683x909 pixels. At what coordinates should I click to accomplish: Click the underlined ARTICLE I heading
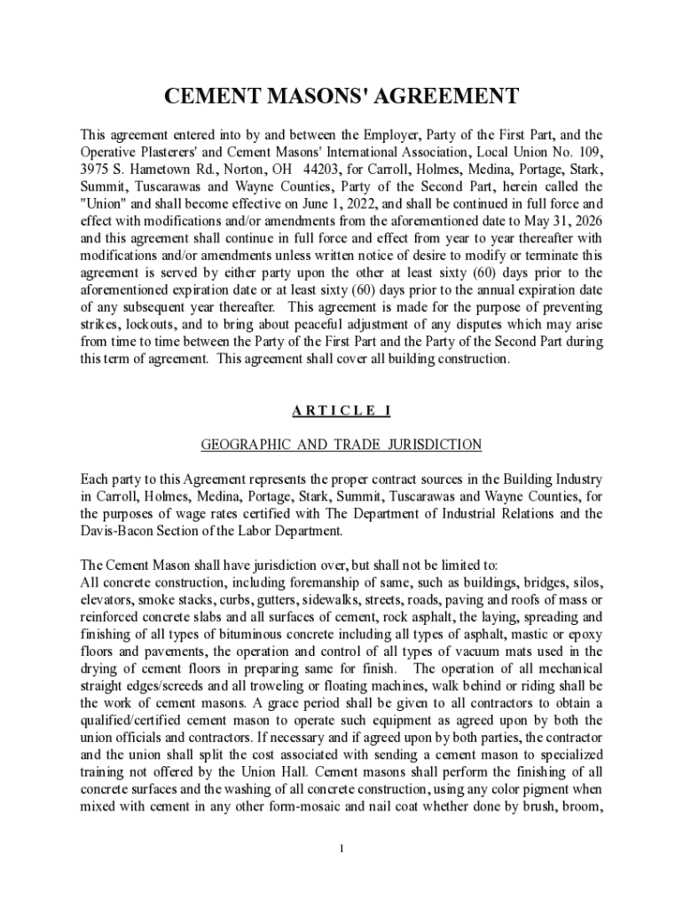click(341, 411)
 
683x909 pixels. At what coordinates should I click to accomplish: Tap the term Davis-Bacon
click(117, 531)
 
